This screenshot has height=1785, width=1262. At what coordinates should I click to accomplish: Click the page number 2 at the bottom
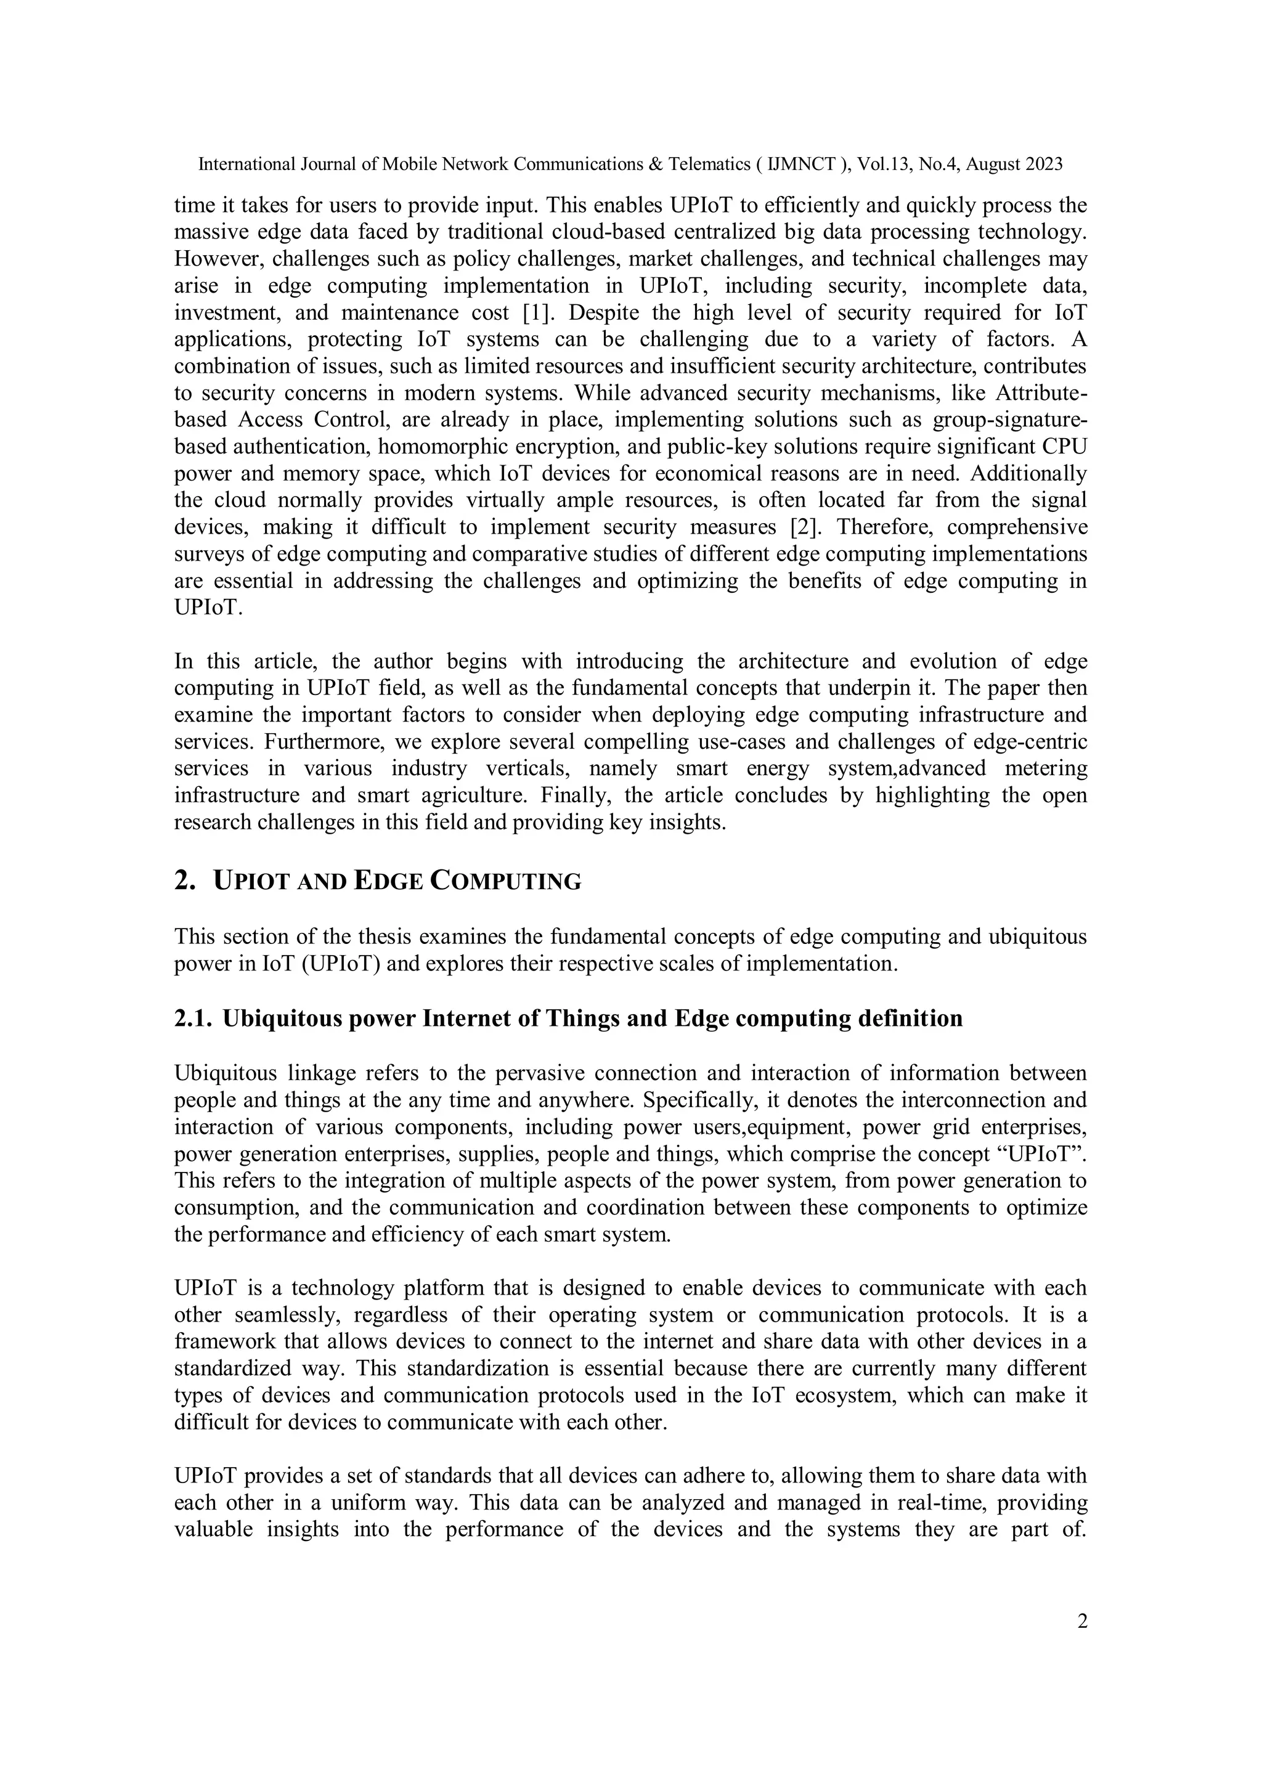coord(1081,1621)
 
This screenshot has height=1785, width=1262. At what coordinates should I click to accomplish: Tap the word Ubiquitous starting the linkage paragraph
coord(226,1073)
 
